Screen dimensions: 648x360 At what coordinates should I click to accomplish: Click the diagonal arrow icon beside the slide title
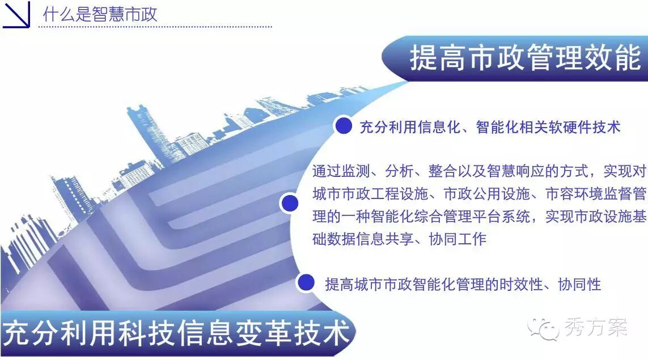click(16, 14)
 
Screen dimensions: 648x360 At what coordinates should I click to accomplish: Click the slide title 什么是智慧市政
click(100, 14)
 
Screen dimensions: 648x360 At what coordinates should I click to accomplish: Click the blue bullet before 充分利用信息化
click(344, 126)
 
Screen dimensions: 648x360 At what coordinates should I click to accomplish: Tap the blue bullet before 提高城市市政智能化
click(306, 283)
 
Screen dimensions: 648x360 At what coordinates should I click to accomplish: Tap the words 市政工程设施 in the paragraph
click(384, 193)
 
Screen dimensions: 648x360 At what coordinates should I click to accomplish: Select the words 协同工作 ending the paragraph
click(458, 239)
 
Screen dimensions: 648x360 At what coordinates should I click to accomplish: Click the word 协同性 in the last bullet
click(579, 285)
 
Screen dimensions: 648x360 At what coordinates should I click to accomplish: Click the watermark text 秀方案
click(595, 328)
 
